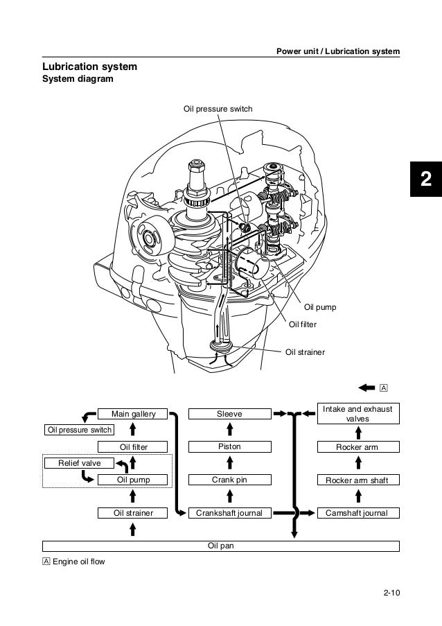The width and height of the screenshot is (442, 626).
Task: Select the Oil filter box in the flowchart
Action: point(134,446)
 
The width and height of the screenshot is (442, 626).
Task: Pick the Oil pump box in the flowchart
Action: point(134,479)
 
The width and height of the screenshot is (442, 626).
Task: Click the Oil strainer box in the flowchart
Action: point(134,513)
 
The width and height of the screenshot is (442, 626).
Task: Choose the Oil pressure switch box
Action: point(78,430)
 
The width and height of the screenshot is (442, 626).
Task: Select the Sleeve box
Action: point(229,414)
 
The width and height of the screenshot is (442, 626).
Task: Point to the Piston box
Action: point(229,446)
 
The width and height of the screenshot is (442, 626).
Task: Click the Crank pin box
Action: point(229,479)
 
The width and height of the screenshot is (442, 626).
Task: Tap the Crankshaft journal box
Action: point(229,513)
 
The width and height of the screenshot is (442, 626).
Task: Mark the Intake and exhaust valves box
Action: point(357,414)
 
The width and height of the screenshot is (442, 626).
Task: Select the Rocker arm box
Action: point(357,447)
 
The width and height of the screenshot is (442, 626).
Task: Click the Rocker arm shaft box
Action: point(357,479)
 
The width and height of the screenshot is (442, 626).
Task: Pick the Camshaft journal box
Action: point(357,513)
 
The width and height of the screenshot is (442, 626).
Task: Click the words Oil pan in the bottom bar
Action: point(221,546)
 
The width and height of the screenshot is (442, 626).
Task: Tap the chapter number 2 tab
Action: point(425,180)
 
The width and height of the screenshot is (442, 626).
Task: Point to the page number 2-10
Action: point(391,592)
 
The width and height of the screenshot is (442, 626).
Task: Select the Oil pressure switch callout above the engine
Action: point(218,110)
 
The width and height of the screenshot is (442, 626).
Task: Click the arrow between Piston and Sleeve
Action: point(229,431)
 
